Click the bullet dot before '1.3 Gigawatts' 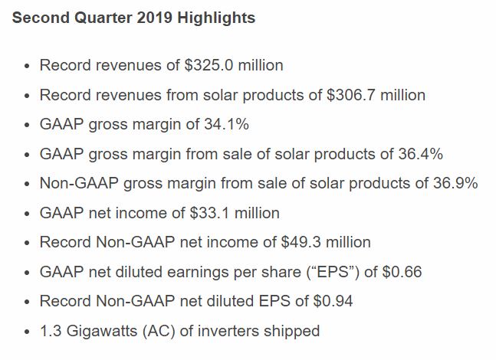tap(27, 332)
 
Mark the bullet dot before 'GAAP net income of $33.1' tap(27, 214)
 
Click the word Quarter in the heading tap(103, 18)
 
